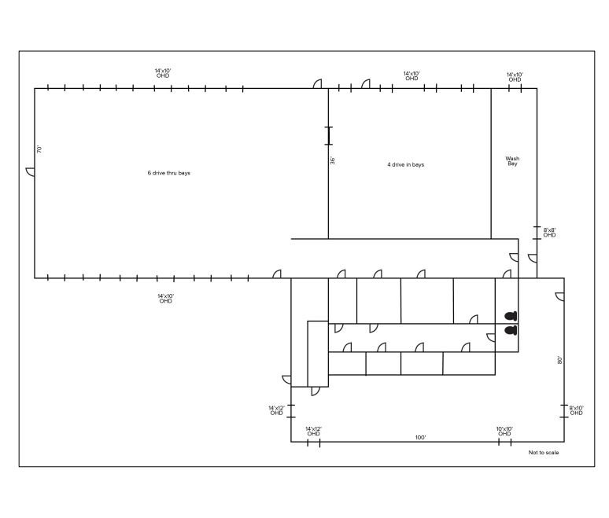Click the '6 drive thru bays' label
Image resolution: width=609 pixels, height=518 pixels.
(x=169, y=173)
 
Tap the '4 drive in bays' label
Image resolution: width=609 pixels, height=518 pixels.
(x=405, y=164)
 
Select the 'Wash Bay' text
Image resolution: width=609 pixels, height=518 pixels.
(x=512, y=161)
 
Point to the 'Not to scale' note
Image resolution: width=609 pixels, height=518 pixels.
(x=544, y=453)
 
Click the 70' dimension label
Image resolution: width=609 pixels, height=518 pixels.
(x=39, y=149)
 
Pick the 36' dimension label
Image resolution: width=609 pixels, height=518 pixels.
(x=333, y=160)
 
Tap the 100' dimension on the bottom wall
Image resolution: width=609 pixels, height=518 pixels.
(x=420, y=438)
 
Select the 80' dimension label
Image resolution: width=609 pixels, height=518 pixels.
(x=559, y=360)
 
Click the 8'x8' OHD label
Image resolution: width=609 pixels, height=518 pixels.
(x=549, y=233)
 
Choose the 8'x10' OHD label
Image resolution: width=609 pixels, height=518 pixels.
(x=577, y=410)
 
